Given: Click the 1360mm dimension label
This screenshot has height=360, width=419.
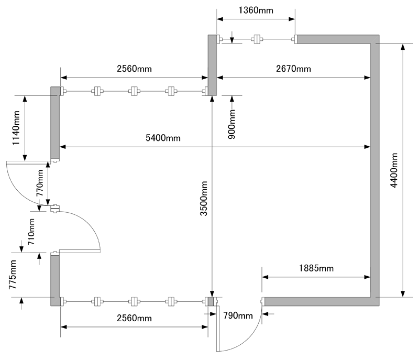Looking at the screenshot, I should coord(256,9).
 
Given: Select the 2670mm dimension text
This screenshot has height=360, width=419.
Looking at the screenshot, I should coord(293,69).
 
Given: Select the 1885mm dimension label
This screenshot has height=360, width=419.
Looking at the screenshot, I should coord(316,269).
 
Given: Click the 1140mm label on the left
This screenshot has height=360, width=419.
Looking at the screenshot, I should coord(17,127).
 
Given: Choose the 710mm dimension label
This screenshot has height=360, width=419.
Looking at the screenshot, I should coord(31,233).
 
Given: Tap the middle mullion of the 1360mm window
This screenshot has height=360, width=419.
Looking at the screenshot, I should coord(257,39).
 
